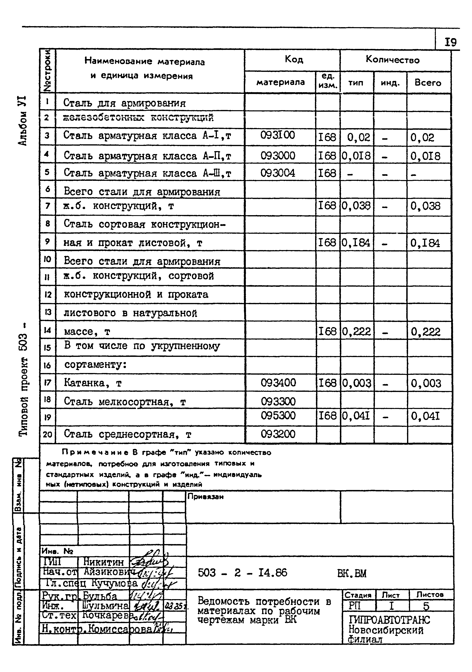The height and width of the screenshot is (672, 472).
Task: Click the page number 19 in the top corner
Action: (450, 43)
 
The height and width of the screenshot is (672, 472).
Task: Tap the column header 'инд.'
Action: (390, 83)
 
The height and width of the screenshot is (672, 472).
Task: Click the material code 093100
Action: (277, 135)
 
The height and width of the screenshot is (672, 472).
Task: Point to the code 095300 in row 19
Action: (278, 416)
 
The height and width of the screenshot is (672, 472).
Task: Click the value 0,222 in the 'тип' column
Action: (356, 332)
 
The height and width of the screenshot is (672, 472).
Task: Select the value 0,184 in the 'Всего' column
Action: (425, 243)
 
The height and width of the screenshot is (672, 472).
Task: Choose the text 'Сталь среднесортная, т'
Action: (127, 434)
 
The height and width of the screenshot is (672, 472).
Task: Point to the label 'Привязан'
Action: (205, 497)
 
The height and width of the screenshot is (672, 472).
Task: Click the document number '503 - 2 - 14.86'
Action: (242, 573)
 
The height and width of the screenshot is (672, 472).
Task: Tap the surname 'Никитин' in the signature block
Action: (104, 562)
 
